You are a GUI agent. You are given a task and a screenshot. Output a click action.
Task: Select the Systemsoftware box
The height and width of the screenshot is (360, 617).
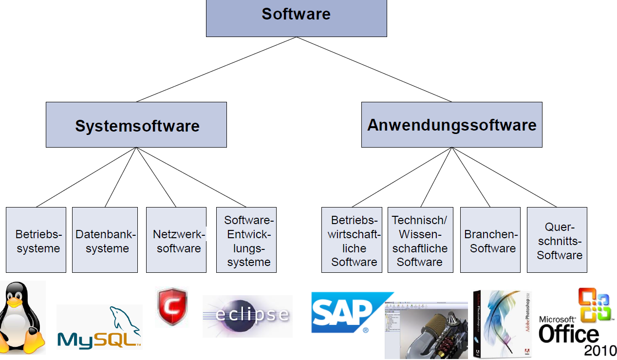(136, 125)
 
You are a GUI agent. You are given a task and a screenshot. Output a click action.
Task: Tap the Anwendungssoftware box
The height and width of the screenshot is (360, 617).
(451, 125)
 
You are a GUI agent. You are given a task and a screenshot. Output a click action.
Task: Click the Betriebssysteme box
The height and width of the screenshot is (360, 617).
(36, 240)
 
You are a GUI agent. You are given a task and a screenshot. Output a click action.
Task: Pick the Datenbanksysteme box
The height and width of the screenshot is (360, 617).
(105, 240)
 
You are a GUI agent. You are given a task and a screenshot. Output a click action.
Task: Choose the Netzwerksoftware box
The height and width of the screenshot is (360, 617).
(176, 240)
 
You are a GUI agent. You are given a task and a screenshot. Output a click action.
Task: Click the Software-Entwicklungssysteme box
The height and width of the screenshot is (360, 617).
(246, 240)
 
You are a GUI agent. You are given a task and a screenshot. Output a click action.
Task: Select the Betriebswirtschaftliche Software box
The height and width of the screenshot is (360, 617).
(352, 240)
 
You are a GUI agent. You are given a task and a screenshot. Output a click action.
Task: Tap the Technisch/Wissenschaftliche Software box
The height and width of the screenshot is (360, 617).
(419, 240)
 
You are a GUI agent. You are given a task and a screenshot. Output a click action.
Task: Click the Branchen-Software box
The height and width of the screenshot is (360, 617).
(490, 240)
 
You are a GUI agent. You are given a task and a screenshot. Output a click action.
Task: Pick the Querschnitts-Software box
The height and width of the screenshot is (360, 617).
(557, 240)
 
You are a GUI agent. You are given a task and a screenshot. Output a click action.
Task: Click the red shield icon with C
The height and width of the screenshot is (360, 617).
(171, 307)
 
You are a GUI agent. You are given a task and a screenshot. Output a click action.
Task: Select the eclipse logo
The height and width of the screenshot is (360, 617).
(247, 316)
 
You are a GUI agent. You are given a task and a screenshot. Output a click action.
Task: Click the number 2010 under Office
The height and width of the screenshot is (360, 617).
(600, 350)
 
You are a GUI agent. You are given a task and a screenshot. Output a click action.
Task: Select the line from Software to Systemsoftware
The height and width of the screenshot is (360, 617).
(216, 69)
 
